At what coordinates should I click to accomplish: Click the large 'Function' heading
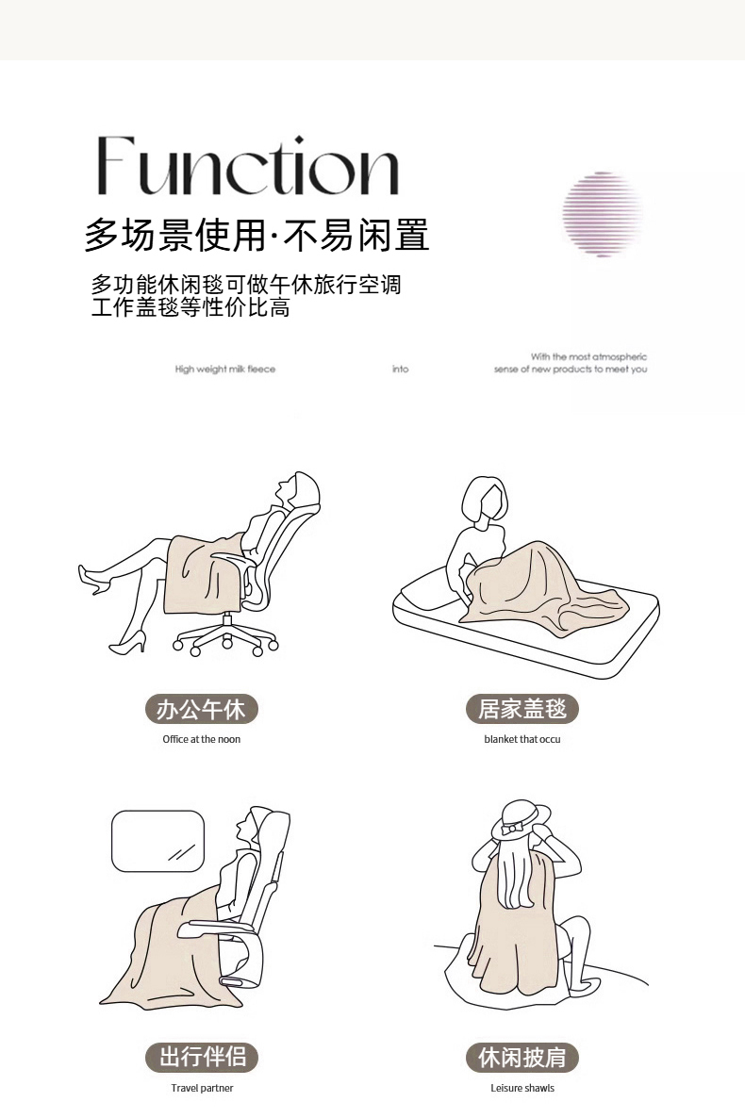(247, 165)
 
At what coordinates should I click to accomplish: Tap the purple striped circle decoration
(602, 214)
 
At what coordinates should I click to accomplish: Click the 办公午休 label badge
(201, 710)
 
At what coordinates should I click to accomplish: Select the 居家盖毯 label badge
(522, 709)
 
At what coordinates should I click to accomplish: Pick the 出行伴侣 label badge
(201, 1058)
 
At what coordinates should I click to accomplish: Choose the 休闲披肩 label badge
(522, 1058)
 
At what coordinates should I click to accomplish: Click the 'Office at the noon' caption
(201, 739)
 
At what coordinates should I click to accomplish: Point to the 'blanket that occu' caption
(522, 739)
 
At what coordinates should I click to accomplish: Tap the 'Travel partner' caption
(202, 1088)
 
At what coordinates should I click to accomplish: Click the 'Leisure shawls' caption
(522, 1088)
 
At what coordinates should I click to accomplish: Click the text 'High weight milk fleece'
(224, 370)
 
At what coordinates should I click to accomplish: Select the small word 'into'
(401, 370)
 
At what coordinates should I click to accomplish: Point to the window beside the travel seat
(157, 842)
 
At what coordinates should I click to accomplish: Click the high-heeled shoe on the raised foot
(95, 579)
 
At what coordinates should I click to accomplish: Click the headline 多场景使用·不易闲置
(257, 236)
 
